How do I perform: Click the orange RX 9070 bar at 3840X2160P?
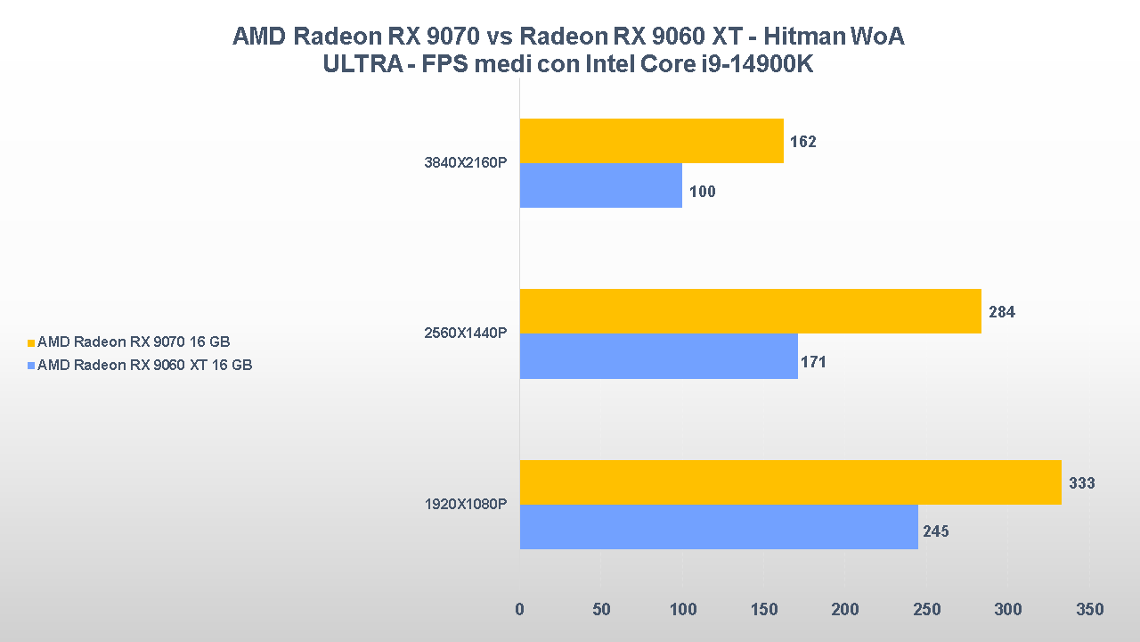651,141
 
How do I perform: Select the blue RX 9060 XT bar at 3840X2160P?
600,185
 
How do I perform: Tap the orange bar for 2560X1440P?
750,311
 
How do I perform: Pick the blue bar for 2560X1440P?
658,356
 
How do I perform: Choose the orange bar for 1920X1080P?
790,482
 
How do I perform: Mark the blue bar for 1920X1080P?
718,527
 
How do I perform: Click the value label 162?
802,142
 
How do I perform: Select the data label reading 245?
935,531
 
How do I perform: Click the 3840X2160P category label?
465,163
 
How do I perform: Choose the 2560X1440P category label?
465,333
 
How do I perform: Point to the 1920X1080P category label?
465,505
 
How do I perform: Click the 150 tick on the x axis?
764,610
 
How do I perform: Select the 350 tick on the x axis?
1089,610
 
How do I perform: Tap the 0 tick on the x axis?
520,610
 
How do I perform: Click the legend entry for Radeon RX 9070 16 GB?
134,342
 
